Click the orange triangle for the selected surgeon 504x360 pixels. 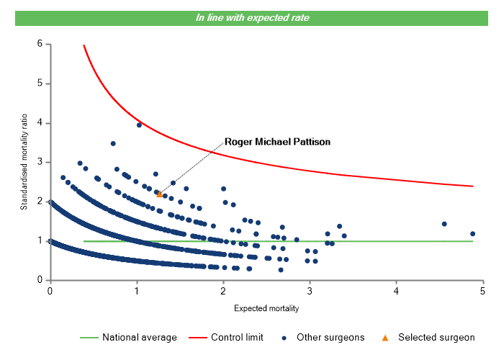(160, 194)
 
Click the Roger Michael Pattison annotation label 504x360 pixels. (277, 142)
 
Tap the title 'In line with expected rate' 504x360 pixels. (252, 17)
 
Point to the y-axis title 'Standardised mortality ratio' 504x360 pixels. (24, 161)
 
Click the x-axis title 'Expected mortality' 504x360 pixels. (266, 308)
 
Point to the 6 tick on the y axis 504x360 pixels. (40, 44)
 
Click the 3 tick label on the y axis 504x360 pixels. (40, 162)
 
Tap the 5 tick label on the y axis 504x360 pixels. (40, 84)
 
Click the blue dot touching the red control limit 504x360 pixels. (139, 125)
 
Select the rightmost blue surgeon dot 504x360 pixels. (472, 233)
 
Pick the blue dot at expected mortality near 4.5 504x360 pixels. (444, 224)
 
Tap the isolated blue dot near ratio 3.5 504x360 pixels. (113, 143)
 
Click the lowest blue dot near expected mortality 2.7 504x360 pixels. (281, 270)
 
